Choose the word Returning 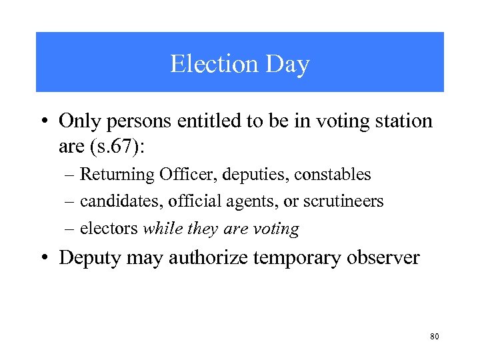tap(117, 175)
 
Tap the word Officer tap(183, 175)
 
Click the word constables tap(332, 175)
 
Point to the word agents tap(235, 201)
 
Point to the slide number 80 tap(435, 337)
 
